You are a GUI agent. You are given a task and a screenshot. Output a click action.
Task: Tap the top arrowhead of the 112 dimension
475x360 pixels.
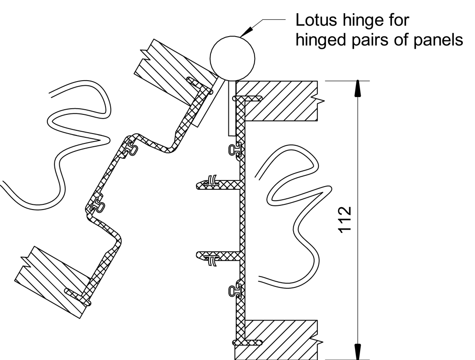(358, 89)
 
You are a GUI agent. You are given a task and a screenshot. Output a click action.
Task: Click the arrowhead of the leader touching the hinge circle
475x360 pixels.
(247, 31)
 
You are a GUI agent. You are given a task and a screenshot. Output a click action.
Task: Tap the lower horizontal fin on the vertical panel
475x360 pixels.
(219, 255)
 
